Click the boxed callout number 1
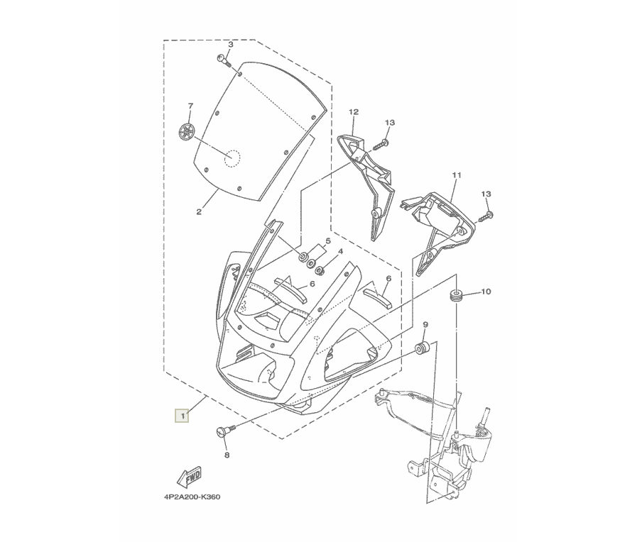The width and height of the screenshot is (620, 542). pos(182,416)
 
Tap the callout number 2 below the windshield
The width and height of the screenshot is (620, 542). pos(199,212)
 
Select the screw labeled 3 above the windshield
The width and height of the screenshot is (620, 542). pos(224,61)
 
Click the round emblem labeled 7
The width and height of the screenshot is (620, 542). pos(185,132)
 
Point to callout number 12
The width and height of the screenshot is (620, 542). pos(354,112)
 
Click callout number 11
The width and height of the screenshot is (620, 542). pos(457,175)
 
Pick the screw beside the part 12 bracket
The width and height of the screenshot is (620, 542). pos(381,145)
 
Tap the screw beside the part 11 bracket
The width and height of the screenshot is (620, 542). pos(486,217)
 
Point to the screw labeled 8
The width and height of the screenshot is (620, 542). pos(224,430)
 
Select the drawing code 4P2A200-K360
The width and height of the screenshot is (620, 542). pos(192,497)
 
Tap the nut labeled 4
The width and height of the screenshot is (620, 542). pos(320,270)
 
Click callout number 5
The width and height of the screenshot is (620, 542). pos(328,241)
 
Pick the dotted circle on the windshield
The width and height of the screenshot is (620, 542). pos(232,159)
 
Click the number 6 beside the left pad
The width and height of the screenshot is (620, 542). pos(312,284)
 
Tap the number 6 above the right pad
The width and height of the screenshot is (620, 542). pos(388,279)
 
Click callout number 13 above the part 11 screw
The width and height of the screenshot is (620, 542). pos(486,194)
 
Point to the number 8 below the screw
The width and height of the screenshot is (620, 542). pos(227,455)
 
